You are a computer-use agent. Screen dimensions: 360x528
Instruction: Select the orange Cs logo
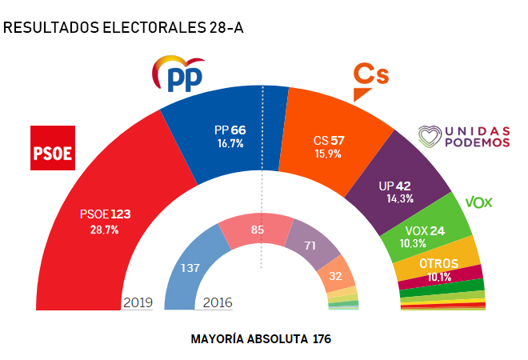pos(370,78)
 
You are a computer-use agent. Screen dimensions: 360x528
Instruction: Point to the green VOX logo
pos(478,202)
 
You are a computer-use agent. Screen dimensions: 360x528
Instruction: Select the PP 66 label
pos(230,130)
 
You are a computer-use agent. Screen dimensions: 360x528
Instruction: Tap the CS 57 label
pos(329,140)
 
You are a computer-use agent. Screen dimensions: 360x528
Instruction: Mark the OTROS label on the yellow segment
pos(438,263)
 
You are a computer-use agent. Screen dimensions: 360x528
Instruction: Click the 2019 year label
pos(138,302)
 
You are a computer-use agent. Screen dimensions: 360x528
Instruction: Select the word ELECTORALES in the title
pos(149,28)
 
